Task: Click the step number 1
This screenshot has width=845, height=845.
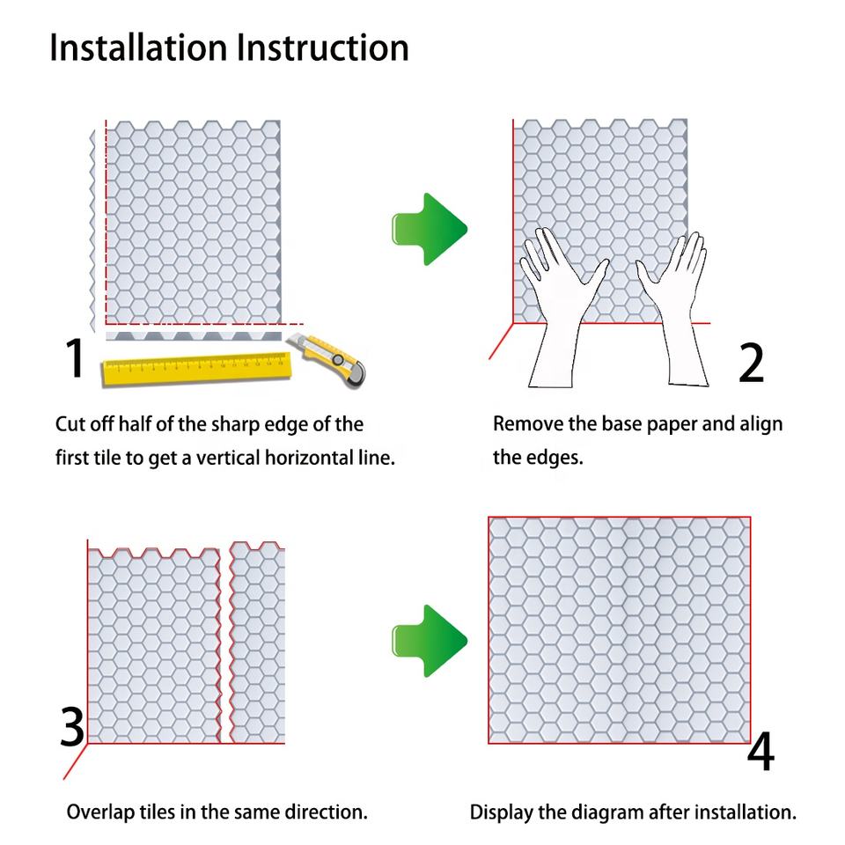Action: pos(75,358)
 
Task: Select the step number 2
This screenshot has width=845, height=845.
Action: pos(751,362)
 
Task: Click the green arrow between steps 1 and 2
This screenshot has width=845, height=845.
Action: pos(429,229)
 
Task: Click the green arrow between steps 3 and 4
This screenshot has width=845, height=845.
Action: pos(429,641)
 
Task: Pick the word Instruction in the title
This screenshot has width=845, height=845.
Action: pos(322,48)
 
